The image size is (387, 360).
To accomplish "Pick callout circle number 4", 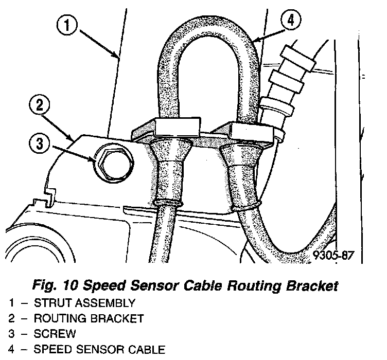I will tap(291, 21).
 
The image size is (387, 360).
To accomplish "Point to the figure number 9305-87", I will tap(332, 255).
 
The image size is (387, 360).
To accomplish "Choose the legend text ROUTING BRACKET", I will tap(89, 319).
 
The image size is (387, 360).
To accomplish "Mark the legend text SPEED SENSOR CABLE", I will tap(99, 350).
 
